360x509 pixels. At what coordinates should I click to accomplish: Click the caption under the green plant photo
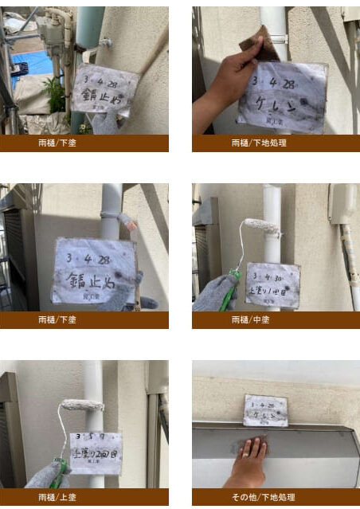84,143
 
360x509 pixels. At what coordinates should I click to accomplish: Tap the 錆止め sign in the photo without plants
92,271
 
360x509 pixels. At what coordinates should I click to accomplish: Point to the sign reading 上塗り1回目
272,284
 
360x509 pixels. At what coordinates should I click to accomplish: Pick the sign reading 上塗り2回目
96,453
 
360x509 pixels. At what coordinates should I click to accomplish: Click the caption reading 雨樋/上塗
84,496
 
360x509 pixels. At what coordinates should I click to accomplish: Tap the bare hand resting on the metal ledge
250,461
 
